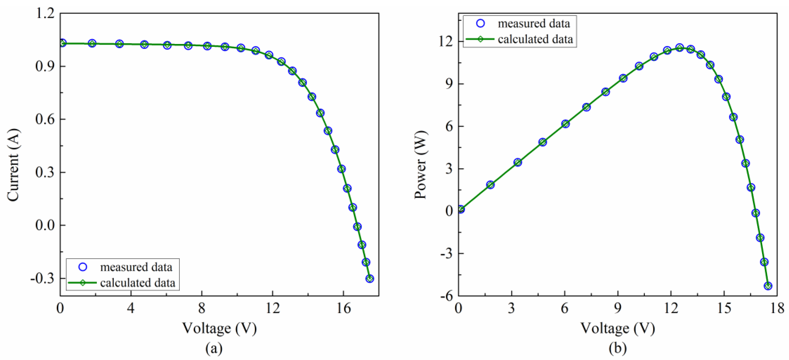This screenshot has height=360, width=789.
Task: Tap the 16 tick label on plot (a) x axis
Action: point(343,308)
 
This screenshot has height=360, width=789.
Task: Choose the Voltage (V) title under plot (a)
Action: point(219,328)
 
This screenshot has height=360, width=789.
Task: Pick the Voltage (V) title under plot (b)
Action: point(617,328)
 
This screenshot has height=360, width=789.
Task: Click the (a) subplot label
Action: point(214,348)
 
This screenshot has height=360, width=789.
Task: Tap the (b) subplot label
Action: point(617,348)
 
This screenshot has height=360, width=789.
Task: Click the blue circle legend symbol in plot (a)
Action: point(83,267)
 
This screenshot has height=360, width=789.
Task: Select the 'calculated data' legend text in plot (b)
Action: point(535,39)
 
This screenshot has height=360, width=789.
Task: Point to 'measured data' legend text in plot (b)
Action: point(534,24)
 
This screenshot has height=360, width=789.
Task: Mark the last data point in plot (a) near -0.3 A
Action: point(370,279)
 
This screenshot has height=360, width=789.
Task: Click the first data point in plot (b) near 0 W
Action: point(460,209)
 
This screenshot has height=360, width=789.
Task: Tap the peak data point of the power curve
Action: point(680,47)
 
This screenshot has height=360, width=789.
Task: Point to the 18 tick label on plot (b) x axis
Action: point(777,308)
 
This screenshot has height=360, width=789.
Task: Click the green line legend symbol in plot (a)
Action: point(82,283)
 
